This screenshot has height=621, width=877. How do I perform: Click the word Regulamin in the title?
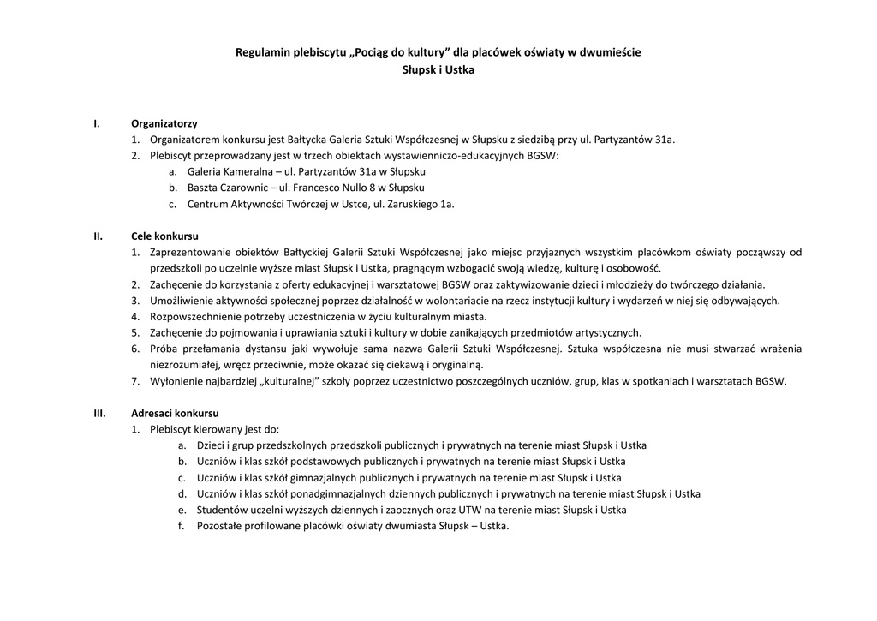tap(260, 52)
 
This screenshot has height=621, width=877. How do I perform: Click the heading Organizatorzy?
tap(164, 123)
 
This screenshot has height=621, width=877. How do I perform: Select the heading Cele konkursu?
tap(164, 236)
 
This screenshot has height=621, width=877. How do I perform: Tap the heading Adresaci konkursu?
tap(174, 413)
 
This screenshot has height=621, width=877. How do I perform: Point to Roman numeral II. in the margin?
tap(98, 236)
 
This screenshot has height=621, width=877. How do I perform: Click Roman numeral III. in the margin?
tap(99, 413)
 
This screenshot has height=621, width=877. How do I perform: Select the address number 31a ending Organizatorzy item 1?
tap(664, 140)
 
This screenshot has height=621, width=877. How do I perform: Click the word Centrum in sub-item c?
tap(206, 204)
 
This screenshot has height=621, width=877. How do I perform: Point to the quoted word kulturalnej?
tap(289, 381)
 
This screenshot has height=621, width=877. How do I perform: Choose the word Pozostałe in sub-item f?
tap(220, 526)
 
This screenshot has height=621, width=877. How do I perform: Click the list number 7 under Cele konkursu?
tap(135, 381)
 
